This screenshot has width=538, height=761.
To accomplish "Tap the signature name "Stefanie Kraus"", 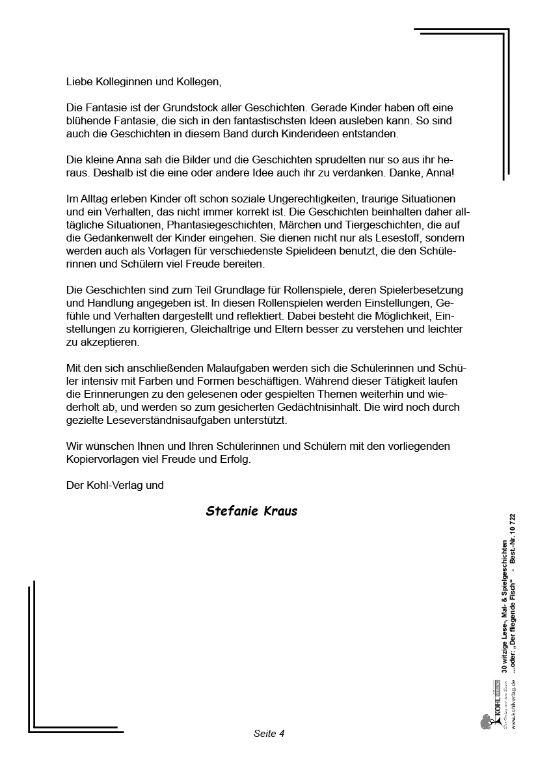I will point(251,511).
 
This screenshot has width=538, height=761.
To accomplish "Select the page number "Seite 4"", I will point(269,733).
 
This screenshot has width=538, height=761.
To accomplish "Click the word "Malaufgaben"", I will point(216,368).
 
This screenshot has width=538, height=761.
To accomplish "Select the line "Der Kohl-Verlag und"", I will point(114,485).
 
